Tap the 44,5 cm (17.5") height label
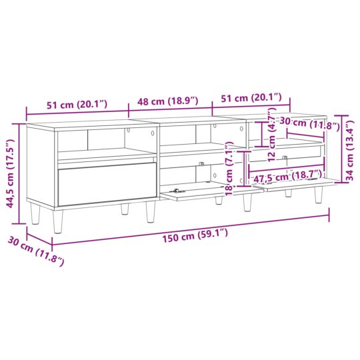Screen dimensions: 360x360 [x=11, y=174]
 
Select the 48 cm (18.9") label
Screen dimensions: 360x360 [x=168, y=101]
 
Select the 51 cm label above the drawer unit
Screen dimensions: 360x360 [x=74, y=104]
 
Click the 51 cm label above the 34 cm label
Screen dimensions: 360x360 [x=251, y=98]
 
